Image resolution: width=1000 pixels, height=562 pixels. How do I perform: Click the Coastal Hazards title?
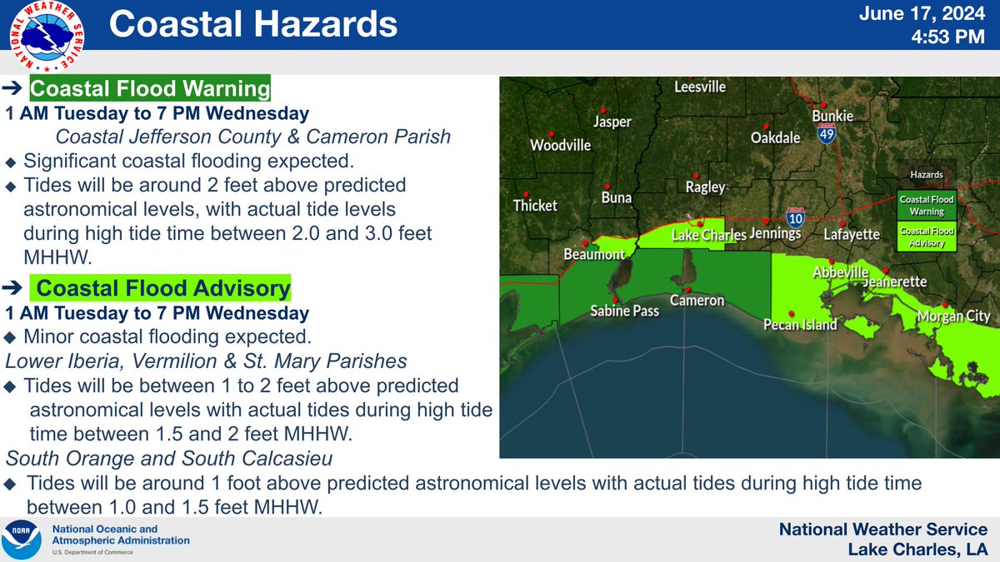[x=253, y=25]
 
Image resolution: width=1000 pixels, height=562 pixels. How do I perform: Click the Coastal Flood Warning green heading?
[x=150, y=88]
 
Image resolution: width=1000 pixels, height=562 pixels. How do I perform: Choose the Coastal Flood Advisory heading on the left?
[x=163, y=288]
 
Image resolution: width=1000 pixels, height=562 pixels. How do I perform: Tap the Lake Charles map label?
[x=709, y=236]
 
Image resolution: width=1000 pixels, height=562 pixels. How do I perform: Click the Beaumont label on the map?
[x=594, y=254]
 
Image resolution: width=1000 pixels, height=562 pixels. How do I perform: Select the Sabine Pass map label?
[x=624, y=311]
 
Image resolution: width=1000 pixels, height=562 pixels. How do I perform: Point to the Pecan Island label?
[x=800, y=325]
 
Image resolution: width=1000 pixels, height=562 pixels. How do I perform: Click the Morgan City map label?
[x=952, y=316]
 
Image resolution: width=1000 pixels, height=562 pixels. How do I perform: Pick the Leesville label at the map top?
[x=699, y=87]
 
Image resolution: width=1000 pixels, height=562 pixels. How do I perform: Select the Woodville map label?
[x=560, y=145]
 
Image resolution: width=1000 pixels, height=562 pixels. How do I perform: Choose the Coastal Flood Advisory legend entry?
[x=926, y=237]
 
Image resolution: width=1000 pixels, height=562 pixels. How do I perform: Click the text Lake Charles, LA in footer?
[x=917, y=549]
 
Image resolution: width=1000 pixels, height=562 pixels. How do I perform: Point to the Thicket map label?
[x=535, y=205]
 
